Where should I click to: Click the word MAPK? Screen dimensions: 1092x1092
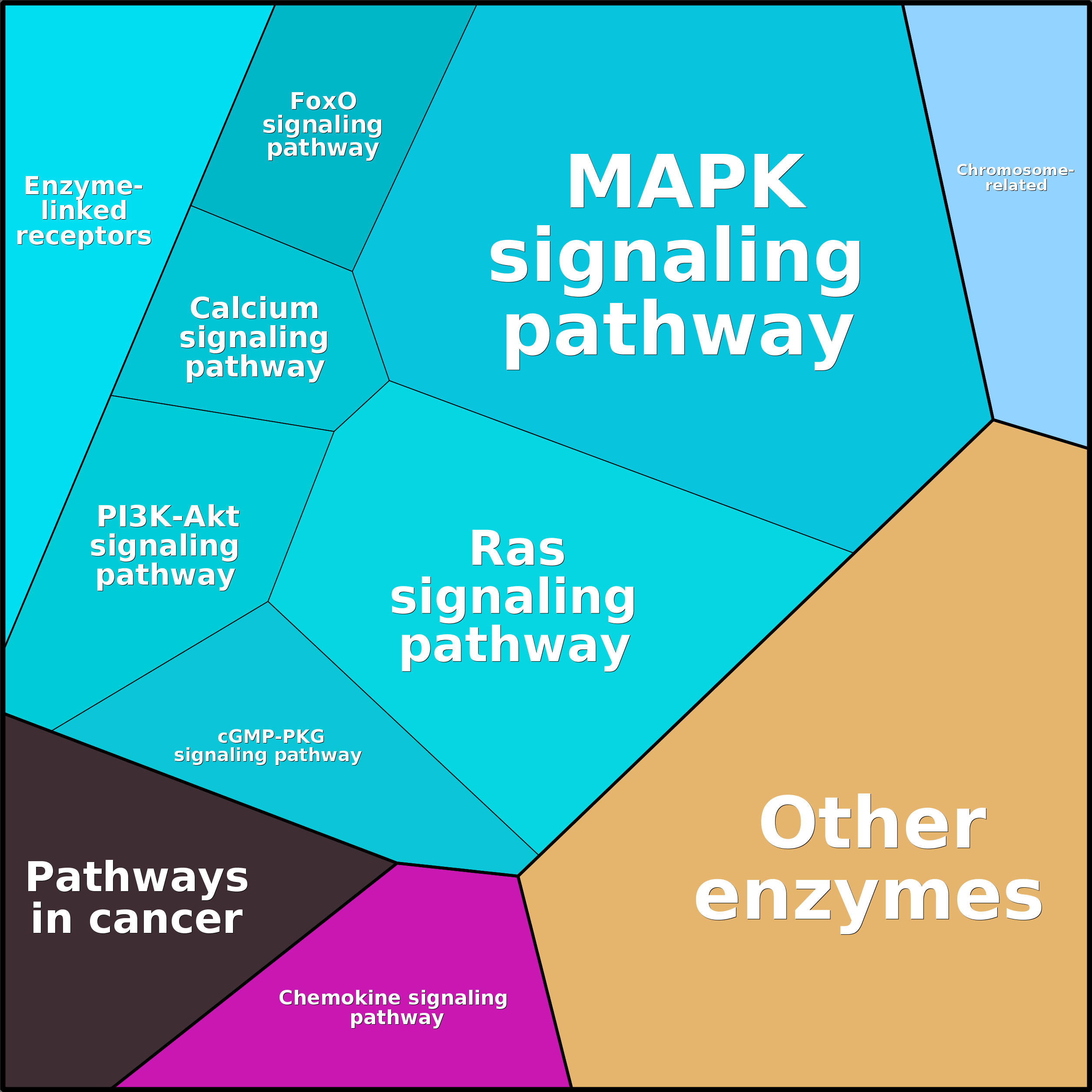pyautogui.click(x=686, y=183)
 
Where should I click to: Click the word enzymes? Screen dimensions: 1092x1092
pyautogui.click(x=868, y=899)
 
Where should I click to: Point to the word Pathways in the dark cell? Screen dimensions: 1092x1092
pyautogui.click(x=137, y=878)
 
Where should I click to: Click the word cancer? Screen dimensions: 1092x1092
pyautogui.click(x=165, y=919)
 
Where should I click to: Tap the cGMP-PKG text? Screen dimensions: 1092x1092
pyautogui.click(x=271, y=736)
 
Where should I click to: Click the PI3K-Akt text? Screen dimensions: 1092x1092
pyautogui.click(x=168, y=516)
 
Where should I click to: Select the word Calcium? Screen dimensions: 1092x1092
pyautogui.click(x=254, y=309)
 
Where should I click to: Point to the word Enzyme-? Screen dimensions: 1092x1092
pyautogui.click(x=83, y=186)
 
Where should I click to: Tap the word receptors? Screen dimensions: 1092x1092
pyautogui.click(x=83, y=236)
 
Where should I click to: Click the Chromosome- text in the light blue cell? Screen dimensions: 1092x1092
pyautogui.click(x=1015, y=170)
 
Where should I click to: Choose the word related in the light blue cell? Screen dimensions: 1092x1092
pyautogui.click(x=1016, y=185)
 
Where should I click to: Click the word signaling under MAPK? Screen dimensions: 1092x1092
pyautogui.click(x=676, y=257)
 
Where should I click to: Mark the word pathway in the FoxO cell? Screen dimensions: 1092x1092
pyautogui.click(x=323, y=148)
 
